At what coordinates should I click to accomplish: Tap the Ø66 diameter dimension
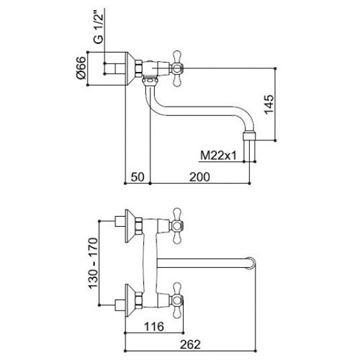[x=81, y=68]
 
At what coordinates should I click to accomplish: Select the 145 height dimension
[x=269, y=104]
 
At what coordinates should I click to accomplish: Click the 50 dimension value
[x=137, y=177]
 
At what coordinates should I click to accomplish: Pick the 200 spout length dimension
[x=200, y=177]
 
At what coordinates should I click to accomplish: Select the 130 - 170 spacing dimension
[x=94, y=263]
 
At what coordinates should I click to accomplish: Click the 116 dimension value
[x=154, y=326]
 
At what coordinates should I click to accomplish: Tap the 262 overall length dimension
[x=190, y=344]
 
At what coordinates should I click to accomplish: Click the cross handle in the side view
[x=177, y=69]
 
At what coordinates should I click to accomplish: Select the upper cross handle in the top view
[x=177, y=226]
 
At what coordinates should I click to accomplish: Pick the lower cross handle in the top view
[x=177, y=300]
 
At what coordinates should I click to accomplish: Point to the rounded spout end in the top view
[x=251, y=263]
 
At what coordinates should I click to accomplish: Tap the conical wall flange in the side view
[x=130, y=69]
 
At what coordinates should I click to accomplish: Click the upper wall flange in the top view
[x=130, y=226]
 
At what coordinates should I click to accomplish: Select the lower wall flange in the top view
[x=130, y=300]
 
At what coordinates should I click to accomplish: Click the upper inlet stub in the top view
[x=120, y=221]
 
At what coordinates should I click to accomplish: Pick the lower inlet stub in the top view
[x=120, y=305]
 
